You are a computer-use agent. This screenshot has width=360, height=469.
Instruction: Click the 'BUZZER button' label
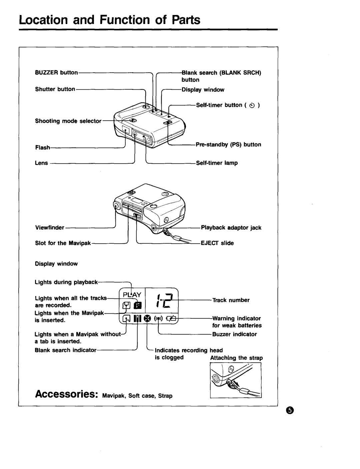click(x=56, y=72)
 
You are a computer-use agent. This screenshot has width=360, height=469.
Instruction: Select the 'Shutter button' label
click(x=55, y=89)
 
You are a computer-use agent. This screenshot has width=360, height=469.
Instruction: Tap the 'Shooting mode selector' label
click(x=68, y=121)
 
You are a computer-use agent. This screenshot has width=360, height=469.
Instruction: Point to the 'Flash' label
click(x=42, y=147)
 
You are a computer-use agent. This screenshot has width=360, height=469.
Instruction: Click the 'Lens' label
click(x=42, y=163)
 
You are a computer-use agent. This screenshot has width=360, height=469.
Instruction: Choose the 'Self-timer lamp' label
click(x=217, y=163)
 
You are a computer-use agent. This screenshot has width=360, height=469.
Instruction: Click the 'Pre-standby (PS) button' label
click(x=228, y=145)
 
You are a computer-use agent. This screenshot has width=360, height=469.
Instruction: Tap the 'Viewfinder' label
click(x=50, y=228)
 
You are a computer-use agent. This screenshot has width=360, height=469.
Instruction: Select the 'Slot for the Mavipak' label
click(x=63, y=243)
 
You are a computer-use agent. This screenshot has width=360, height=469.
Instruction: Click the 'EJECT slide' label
click(x=217, y=243)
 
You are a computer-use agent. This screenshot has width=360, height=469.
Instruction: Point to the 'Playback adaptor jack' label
click(x=231, y=228)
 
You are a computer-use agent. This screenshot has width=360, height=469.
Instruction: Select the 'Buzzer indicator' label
click(x=235, y=334)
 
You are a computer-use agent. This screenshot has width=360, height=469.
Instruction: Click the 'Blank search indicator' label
click(x=66, y=350)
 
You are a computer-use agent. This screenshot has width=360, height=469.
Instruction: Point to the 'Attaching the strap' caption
click(x=236, y=358)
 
